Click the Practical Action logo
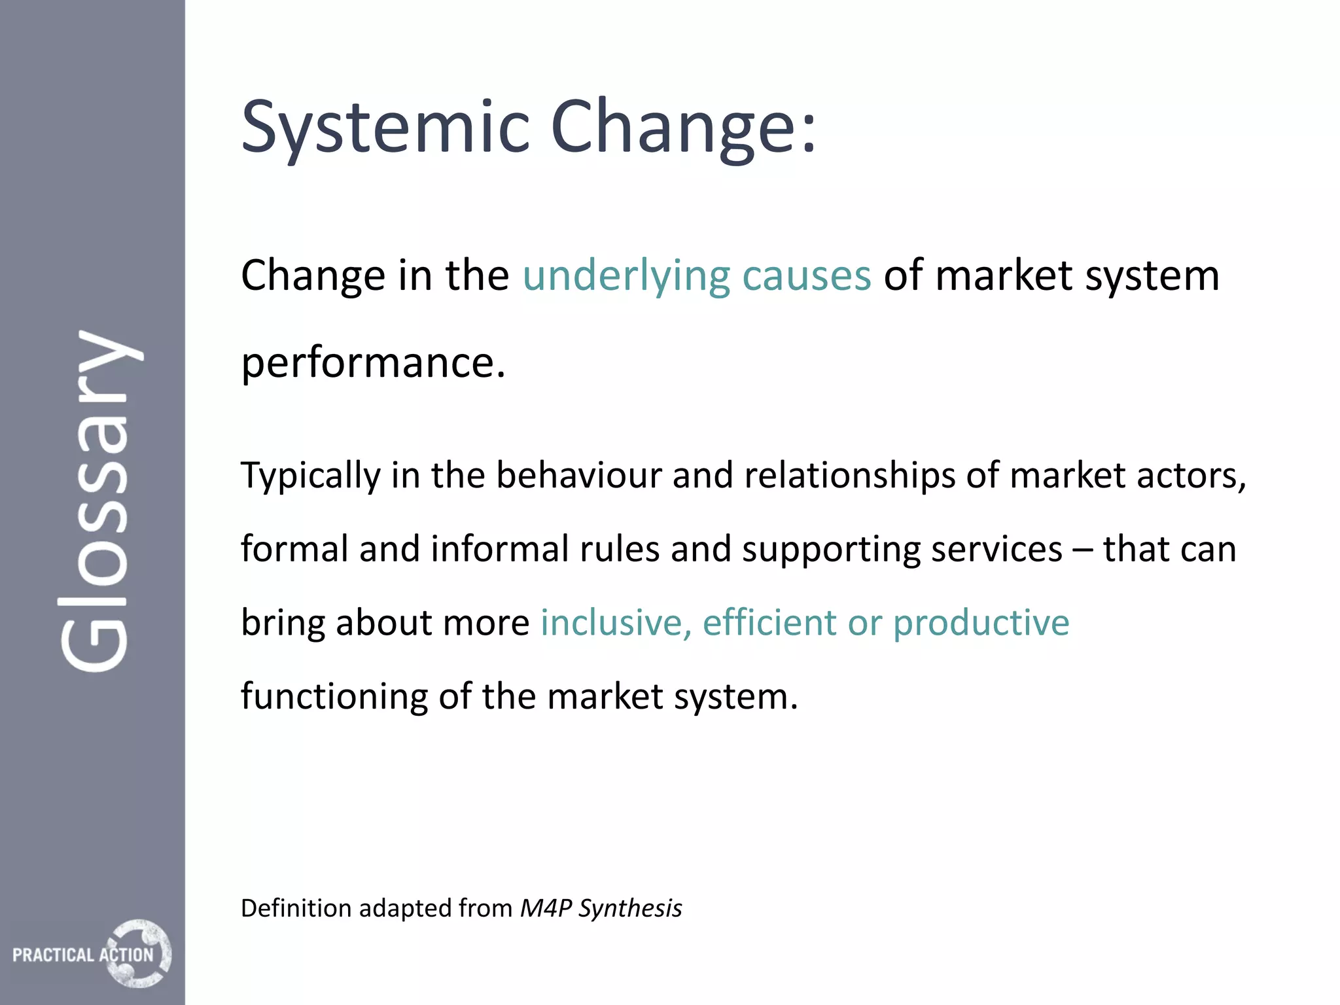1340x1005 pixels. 92,954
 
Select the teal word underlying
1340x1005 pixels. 626,276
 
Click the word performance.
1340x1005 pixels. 373,363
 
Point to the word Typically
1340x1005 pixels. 310,476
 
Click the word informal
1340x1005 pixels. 499,549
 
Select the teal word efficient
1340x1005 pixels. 769,623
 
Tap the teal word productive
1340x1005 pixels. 981,624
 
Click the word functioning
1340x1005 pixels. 334,697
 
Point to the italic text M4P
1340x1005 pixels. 546,908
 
